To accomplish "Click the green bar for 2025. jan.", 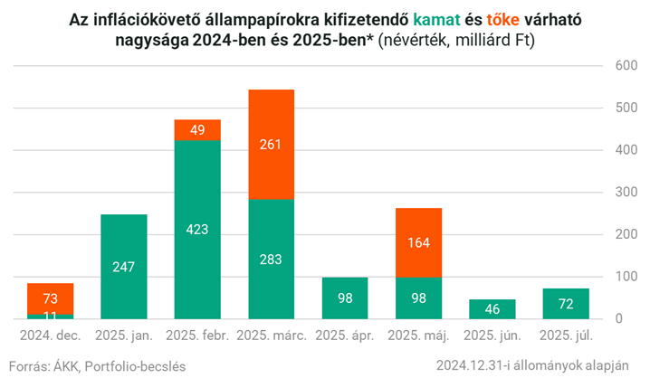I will [x=124, y=267].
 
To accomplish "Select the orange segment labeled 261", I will [x=272, y=144].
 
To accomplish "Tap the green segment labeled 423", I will [x=197, y=230].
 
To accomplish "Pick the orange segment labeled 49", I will [x=197, y=130].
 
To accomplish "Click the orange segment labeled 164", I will [x=418, y=242].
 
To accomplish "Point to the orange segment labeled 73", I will [x=50, y=298].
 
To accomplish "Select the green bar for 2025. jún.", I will [x=492, y=309].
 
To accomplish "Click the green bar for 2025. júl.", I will [x=566, y=304].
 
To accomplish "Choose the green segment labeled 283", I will [x=272, y=259].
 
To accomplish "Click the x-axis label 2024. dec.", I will [x=50, y=335].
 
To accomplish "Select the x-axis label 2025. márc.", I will [x=272, y=335].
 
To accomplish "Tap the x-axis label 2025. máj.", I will [x=418, y=335].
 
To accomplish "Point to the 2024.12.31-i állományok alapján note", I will [x=531, y=365].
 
